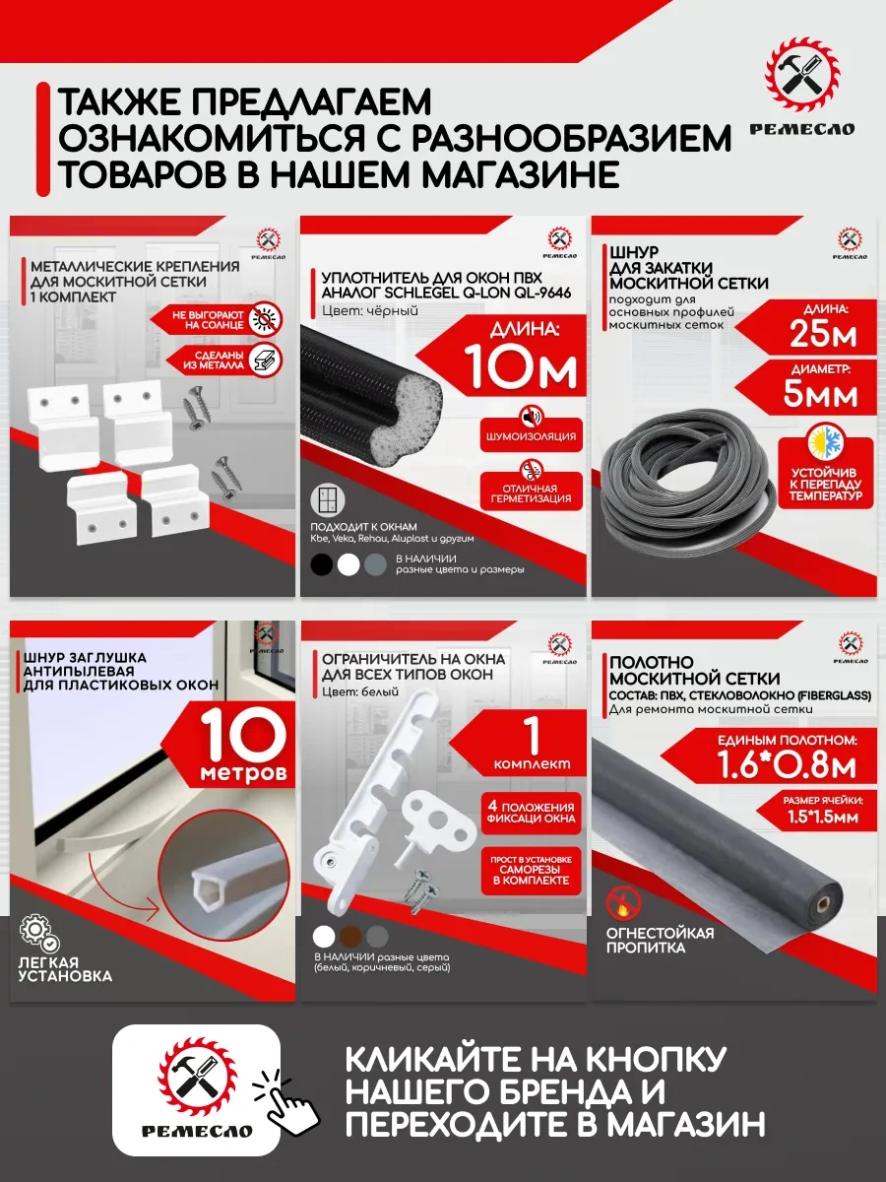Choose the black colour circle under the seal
pos(321,565)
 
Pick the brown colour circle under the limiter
pos(350,936)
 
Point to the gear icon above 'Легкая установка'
pos(35,932)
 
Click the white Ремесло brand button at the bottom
pos(196,1089)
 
